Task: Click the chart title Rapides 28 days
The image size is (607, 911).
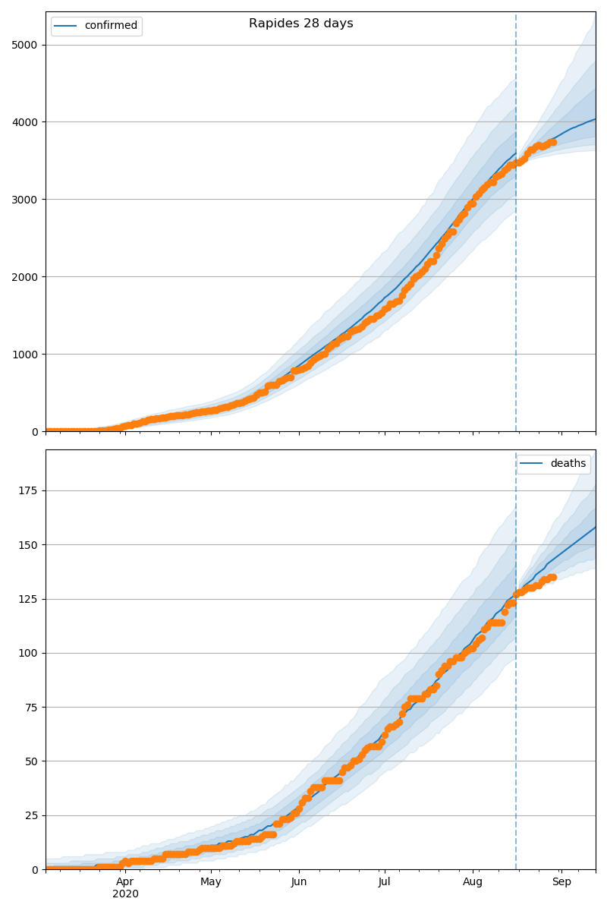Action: pyautogui.click(x=300, y=24)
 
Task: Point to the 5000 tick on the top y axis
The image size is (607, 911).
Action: pyautogui.click(x=25, y=45)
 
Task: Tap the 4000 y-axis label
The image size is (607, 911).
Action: pyautogui.click(x=25, y=122)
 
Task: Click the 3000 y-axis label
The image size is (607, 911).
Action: pyautogui.click(x=25, y=200)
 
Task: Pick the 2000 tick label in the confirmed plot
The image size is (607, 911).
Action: pyautogui.click(x=25, y=277)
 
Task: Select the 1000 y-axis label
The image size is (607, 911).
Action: pyautogui.click(x=25, y=355)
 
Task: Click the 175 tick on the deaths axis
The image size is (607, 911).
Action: pyautogui.click(x=28, y=490)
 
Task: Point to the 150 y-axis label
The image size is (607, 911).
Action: pyautogui.click(x=28, y=545)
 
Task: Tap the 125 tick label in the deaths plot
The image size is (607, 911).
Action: pyautogui.click(x=28, y=599)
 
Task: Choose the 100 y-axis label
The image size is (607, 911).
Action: pyautogui.click(x=28, y=653)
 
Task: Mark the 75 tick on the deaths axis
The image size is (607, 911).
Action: pyautogui.click(x=31, y=708)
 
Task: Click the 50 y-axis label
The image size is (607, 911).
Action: pyautogui.click(x=31, y=761)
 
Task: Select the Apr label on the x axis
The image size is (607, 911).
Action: pyautogui.click(x=125, y=882)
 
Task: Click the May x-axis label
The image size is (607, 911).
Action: pyautogui.click(x=211, y=882)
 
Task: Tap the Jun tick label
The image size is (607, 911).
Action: pyautogui.click(x=299, y=882)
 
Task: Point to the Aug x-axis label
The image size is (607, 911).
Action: pyautogui.click(x=473, y=882)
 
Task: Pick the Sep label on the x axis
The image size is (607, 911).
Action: pyautogui.click(x=561, y=882)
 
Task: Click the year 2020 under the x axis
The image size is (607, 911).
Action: pyautogui.click(x=125, y=894)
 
